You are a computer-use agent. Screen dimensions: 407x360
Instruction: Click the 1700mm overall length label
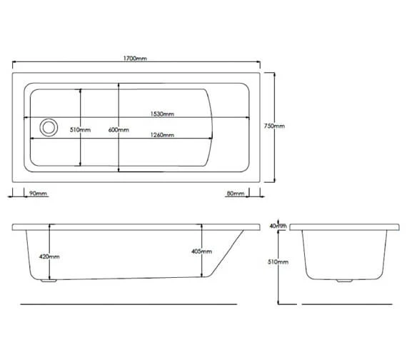[x=135, y=59]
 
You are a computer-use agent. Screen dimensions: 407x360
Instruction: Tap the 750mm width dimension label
[x=274, y=126]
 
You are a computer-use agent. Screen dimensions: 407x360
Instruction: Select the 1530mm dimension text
[x=162, y=114]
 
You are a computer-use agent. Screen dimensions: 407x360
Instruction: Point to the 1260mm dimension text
[x=162, y=135]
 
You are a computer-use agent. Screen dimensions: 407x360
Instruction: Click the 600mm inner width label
[x=119, y=129]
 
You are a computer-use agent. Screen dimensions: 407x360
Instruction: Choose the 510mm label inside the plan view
[x=80, y=129]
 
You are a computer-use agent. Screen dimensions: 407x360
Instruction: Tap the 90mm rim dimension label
[x=38, y=194]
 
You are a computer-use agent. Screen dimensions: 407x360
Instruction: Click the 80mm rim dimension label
[x=236, y=194]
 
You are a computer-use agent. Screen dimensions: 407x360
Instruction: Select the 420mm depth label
[x=49, y=256]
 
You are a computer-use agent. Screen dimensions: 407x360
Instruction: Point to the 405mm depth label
[x=201, y=251]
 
